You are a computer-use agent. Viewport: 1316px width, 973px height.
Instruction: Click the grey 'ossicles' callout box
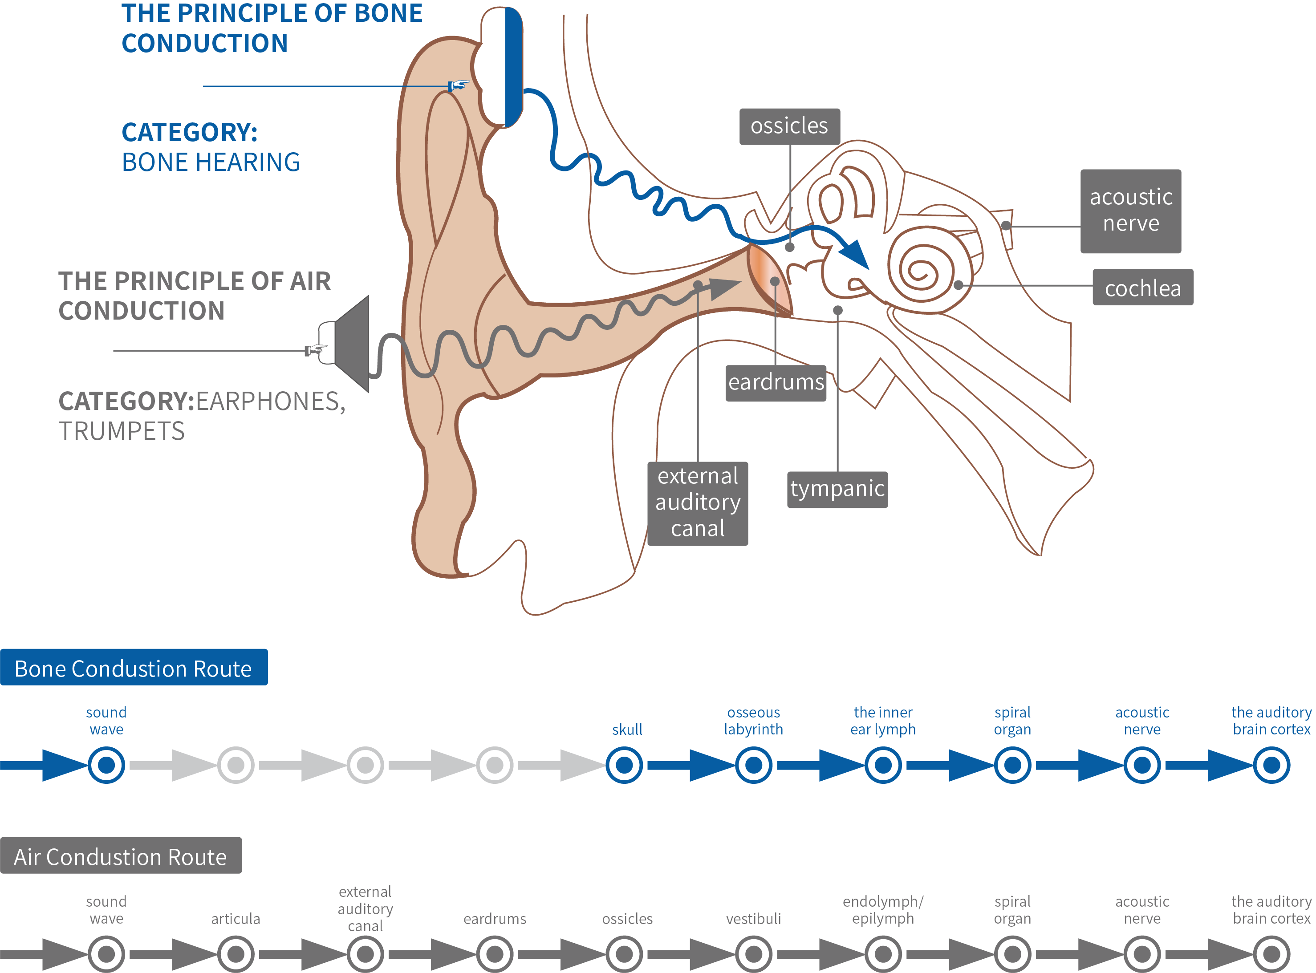789,126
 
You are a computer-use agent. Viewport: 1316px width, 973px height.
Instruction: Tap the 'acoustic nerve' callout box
1130,211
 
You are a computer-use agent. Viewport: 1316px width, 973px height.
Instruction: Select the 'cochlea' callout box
1142,288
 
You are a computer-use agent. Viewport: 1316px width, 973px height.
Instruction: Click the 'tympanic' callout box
837,489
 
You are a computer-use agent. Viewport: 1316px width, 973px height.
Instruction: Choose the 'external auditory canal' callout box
698,503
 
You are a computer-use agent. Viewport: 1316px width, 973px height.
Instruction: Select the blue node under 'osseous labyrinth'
753,765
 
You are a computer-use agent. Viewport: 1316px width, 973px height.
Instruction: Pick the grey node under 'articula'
236,953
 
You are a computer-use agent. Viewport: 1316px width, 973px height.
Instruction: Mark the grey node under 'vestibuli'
753,953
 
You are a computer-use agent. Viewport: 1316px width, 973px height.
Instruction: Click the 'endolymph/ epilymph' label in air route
882,909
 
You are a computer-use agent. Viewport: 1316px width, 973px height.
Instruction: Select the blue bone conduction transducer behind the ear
513,67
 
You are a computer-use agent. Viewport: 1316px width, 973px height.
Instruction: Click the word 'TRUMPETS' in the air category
122,431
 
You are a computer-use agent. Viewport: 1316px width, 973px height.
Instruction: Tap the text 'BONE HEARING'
210,162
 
